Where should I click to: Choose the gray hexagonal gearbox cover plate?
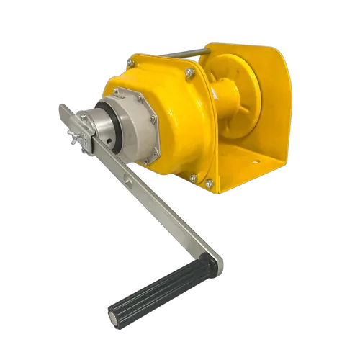pos(141,127)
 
